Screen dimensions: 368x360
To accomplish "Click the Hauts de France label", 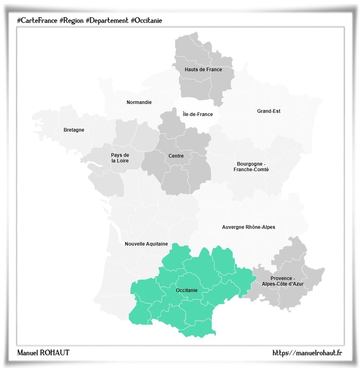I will (x=203, y=70).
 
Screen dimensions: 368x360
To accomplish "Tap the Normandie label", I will (x=139, y=102).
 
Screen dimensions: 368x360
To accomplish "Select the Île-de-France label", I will (x=198, y=114).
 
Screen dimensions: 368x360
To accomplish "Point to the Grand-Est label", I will (x=268, y=111).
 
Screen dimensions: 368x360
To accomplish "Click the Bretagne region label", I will (x=74, y=130).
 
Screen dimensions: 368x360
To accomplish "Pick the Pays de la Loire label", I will (x=120, y=158).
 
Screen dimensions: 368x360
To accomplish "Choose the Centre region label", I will (x=176, y=156).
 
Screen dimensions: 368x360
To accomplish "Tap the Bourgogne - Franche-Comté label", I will (x=251, y=167).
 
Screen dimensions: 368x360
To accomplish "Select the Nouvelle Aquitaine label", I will (x=146, y=244).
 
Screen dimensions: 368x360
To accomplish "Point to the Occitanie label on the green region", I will (x=187, y=290).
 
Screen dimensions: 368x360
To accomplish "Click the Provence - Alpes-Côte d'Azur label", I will (x=283, y=281).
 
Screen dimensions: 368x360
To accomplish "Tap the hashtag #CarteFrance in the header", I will (x=37, y=20).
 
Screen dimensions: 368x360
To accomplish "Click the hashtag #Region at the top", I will (x=71, y=20).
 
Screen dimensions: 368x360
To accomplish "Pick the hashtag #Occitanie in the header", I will (x=146, y=20).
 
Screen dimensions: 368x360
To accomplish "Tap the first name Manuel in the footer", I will (x=28, y=352).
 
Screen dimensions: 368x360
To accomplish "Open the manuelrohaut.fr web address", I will (x=307, y=352).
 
